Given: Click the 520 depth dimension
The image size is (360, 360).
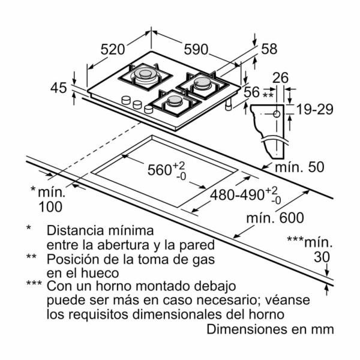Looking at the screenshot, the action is [113, 50].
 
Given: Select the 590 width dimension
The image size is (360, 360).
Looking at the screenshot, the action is [196, 50].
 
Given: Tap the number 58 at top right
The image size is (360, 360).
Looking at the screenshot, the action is [269, 49].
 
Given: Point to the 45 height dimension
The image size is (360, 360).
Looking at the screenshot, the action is [59, 88].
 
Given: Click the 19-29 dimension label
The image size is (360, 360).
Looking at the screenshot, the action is [315, 109].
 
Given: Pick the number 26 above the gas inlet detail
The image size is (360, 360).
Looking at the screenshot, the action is [280, 78].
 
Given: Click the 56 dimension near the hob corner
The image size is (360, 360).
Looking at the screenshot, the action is [251, 92].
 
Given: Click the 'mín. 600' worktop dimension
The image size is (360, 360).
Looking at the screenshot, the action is [275, 218].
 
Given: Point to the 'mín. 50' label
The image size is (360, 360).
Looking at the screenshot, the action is [299, 167].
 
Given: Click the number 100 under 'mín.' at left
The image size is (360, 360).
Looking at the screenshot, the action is [50, 207].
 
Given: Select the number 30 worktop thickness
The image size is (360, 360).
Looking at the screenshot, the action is [322, 257].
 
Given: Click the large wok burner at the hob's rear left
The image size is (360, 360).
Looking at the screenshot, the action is [145, 75].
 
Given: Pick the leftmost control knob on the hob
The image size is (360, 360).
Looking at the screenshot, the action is [126, 100].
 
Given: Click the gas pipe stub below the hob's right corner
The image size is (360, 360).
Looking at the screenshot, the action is [229, 105].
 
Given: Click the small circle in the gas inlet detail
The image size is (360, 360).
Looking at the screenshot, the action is [277, 114].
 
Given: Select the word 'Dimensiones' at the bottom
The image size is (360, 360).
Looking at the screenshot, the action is [247, 329].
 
